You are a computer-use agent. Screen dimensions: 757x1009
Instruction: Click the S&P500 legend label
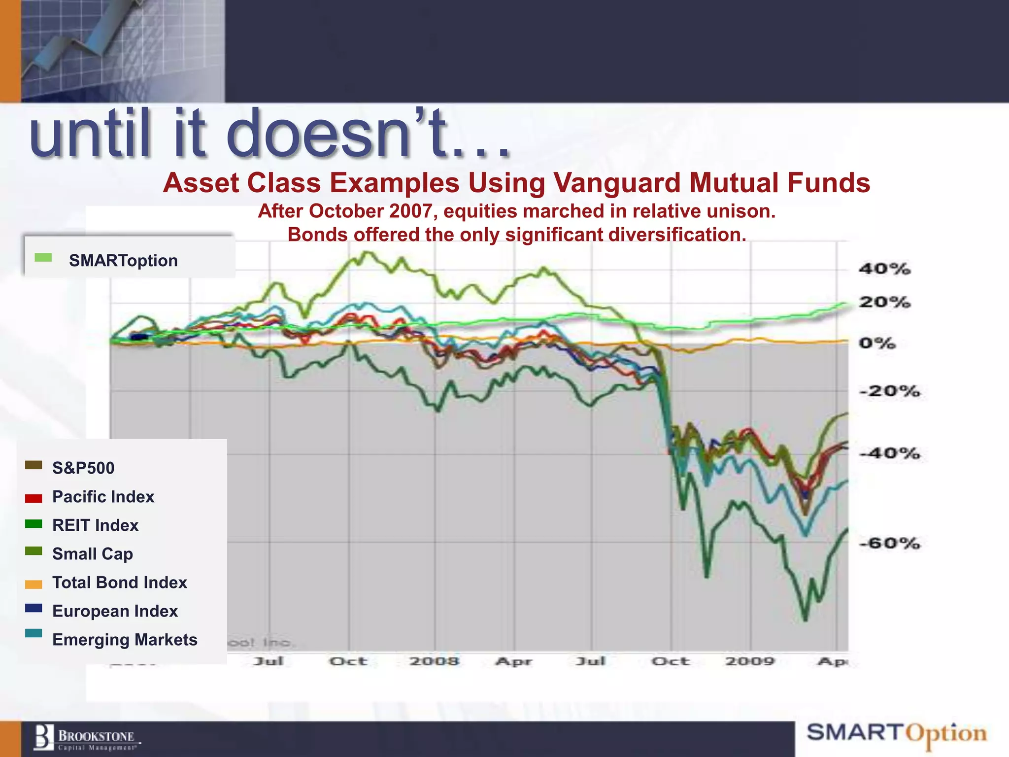tap(83, 468)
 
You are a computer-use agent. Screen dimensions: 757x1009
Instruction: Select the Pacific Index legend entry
tap(103, 497)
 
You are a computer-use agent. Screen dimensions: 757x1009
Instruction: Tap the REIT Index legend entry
tap(95, 525)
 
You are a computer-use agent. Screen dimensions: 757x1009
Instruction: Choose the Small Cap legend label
tap(92, 554)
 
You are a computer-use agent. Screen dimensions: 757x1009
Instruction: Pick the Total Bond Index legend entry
tap(120, 583)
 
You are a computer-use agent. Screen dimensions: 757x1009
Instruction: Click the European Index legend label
tap(115, 611)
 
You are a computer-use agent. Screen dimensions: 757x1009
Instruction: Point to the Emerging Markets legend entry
tap(125, 640)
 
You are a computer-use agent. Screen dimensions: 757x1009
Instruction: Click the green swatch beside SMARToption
tap(43, 258)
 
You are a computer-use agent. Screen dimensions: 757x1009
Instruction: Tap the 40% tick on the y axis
tap(884, 269)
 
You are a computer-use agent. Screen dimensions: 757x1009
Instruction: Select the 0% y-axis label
tap(877, 343)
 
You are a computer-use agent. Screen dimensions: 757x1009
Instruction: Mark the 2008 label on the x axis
tap(434, 661)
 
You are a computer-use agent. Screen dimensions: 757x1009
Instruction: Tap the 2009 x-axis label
tap(750, 661)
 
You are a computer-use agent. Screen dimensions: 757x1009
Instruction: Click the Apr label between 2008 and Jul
tap(514, 661)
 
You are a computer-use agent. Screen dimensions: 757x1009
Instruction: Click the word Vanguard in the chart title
tap(617, 183)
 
